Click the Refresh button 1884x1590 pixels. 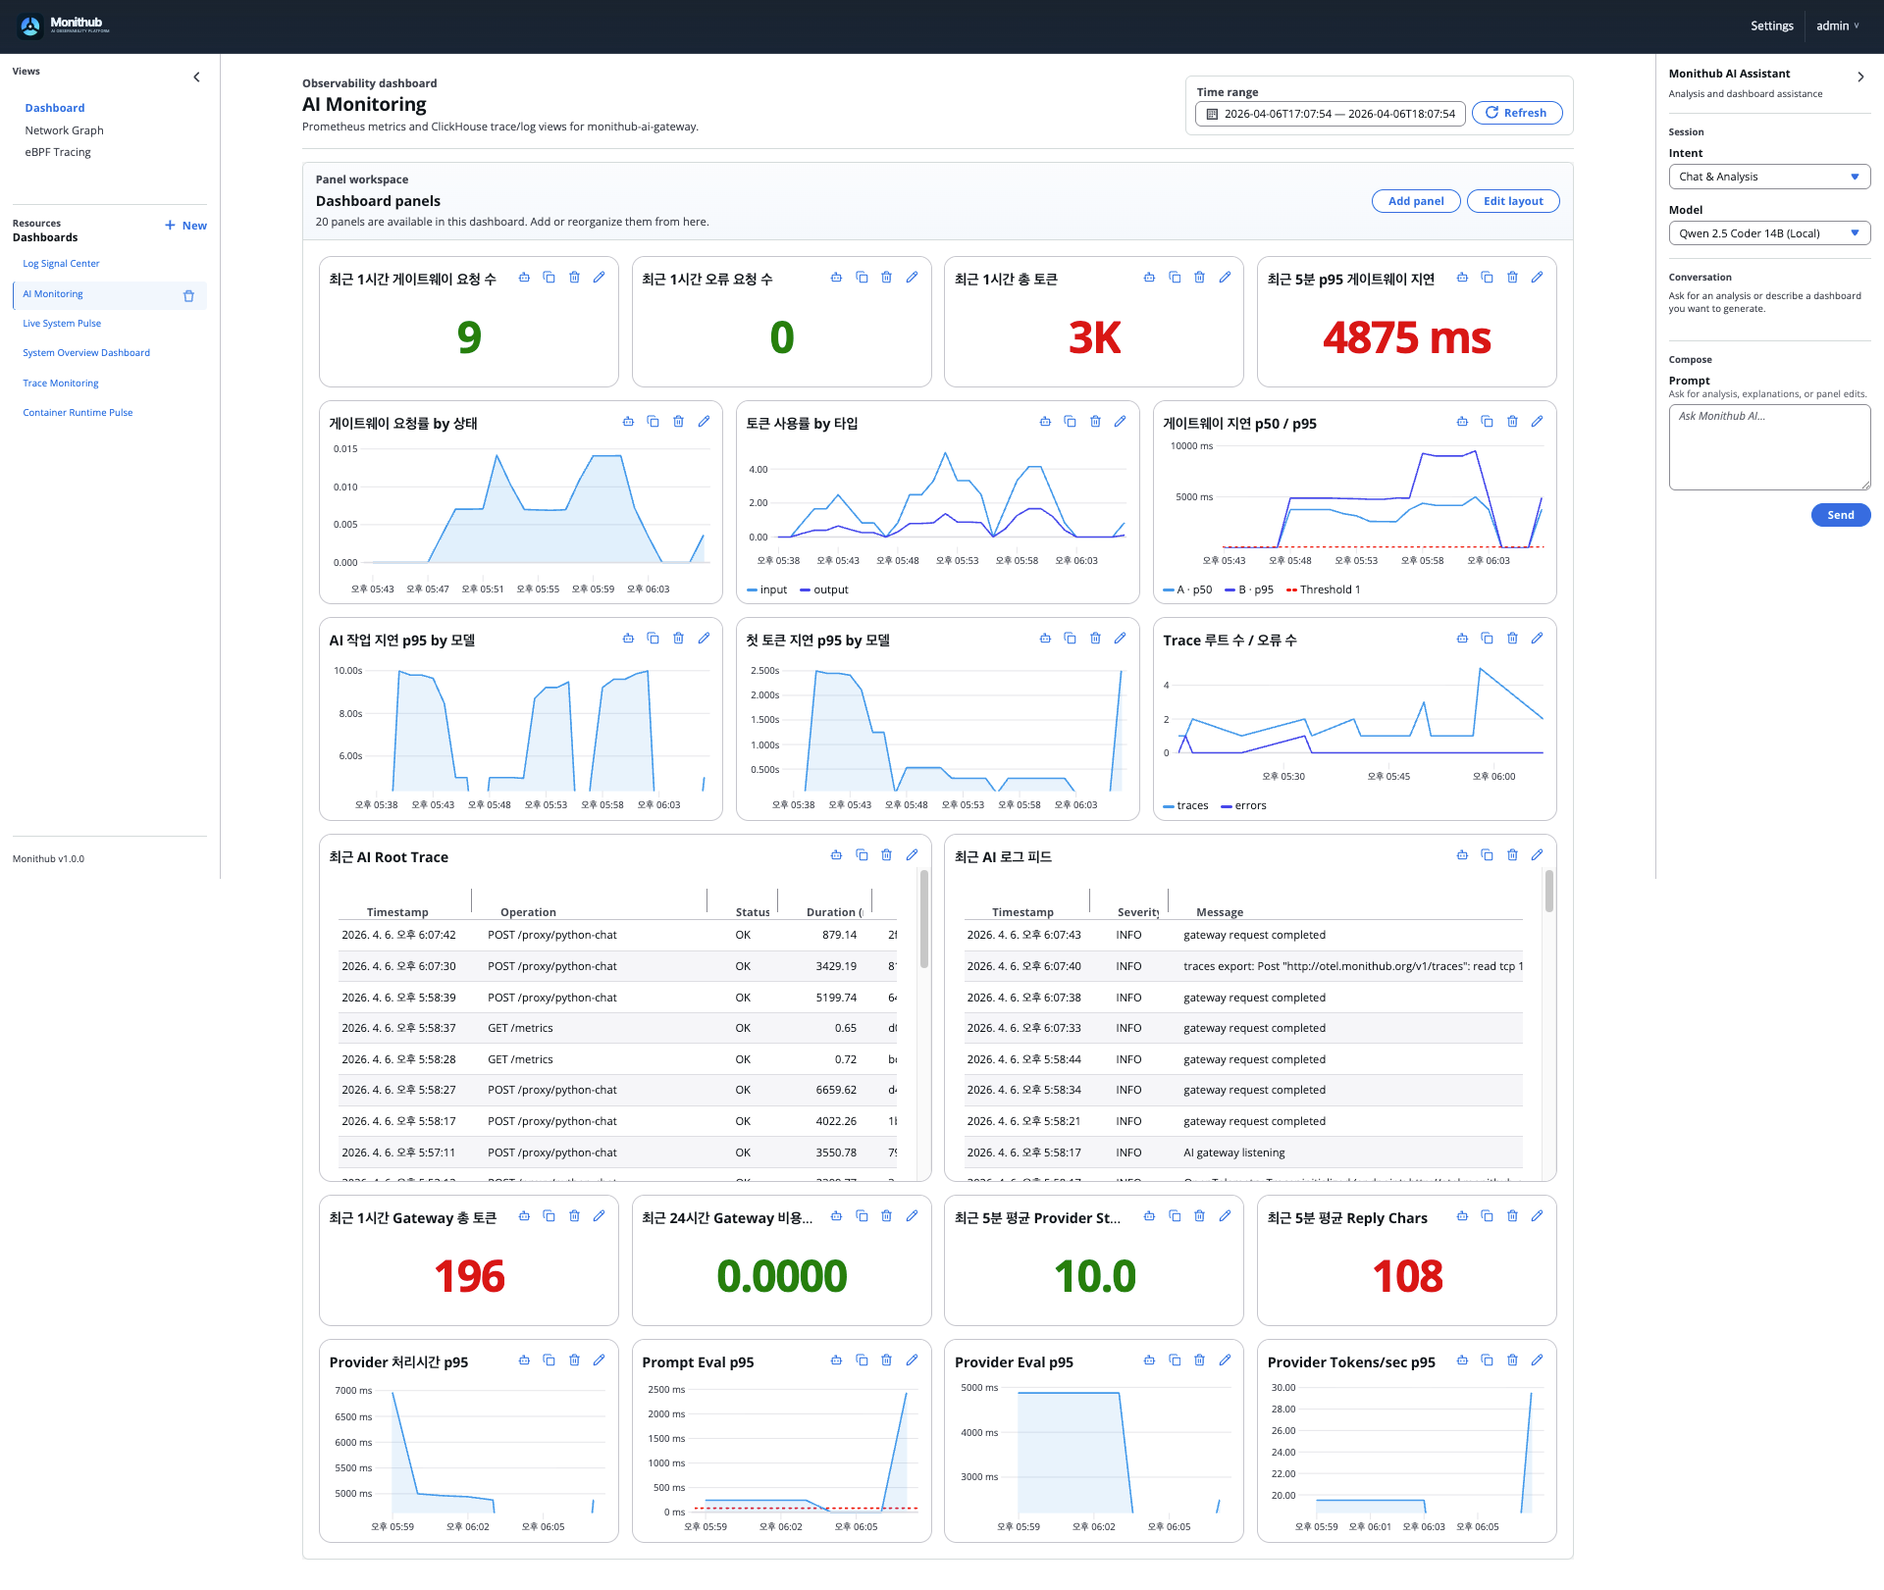click(x=1516, y=113)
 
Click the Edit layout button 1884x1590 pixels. click(x=1512, y=201)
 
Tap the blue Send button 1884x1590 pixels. click(x=1840, y=515)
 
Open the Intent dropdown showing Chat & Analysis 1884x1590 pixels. click(x=1768, y=177)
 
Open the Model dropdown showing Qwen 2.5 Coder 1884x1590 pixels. click(x=1768, y=233)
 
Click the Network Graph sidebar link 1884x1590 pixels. click(x=64, y=130)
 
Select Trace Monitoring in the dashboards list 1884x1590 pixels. click(x=61, y=384)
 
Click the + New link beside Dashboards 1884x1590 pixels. click(x=185, y=226)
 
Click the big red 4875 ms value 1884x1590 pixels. click(x=1406, y=338)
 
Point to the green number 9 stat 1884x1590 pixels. click(x=469, y=338)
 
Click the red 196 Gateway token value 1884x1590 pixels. click(x=469, y=1276)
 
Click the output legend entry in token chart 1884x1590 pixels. click(x=829, y=590)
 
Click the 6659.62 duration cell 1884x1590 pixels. click(x=835, y=1090)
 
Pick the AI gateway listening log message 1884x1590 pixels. click(x=1233, y=1153)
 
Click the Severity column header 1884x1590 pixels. click(x=1137, y=912)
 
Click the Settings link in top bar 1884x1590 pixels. click(x=1771, y=26)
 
